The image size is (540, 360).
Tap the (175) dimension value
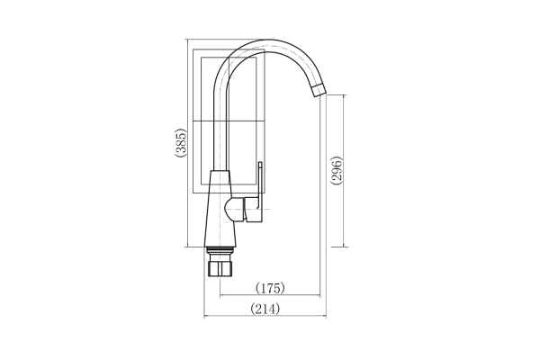click(x=270, y=288)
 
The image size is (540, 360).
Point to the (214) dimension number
click(x=265, y=309)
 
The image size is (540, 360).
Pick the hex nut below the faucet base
click(x=219, y=267)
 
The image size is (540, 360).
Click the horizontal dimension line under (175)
click(x=270, y=296)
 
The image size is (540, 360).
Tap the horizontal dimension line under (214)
click(x=265, y=317)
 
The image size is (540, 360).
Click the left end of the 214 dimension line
click(x=206, y=317)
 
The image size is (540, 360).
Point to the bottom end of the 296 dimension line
click(x=344, y=246)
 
